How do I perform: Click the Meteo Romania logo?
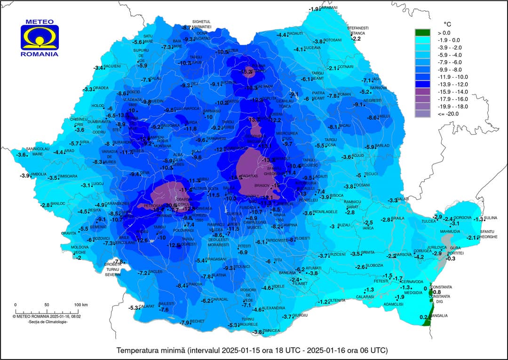coord(40,38)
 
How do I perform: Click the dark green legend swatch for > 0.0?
coord(422,33)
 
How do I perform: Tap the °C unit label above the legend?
coord(447,23)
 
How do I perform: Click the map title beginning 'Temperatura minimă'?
coord(252,351)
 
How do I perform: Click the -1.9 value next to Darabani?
coord(314,9)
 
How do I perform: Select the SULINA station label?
coord(491,218)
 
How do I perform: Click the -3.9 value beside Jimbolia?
coord(25,176)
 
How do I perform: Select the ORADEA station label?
coord(101,88)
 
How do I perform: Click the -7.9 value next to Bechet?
coord(185,323)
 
